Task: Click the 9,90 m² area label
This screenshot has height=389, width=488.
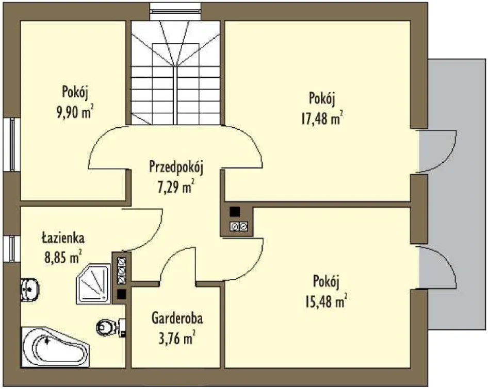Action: pos(75,112)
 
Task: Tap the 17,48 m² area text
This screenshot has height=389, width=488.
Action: pos(322,117)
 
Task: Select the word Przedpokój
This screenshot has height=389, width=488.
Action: pos(176,167)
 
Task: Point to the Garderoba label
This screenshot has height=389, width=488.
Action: pos(177,318)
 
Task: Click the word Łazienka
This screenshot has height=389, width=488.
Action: pos(63,238)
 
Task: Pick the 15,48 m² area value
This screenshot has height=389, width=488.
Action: pos(326,301)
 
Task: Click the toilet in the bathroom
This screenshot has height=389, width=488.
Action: pos(110,327)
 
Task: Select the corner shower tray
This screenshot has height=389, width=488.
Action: pos(93,284)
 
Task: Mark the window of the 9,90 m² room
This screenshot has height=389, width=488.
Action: pos(12,144)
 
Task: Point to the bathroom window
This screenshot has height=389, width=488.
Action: pos(12,249)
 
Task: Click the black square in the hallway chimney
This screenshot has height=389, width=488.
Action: pos(235,212)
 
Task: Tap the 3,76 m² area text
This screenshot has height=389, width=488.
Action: pos(177,337)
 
